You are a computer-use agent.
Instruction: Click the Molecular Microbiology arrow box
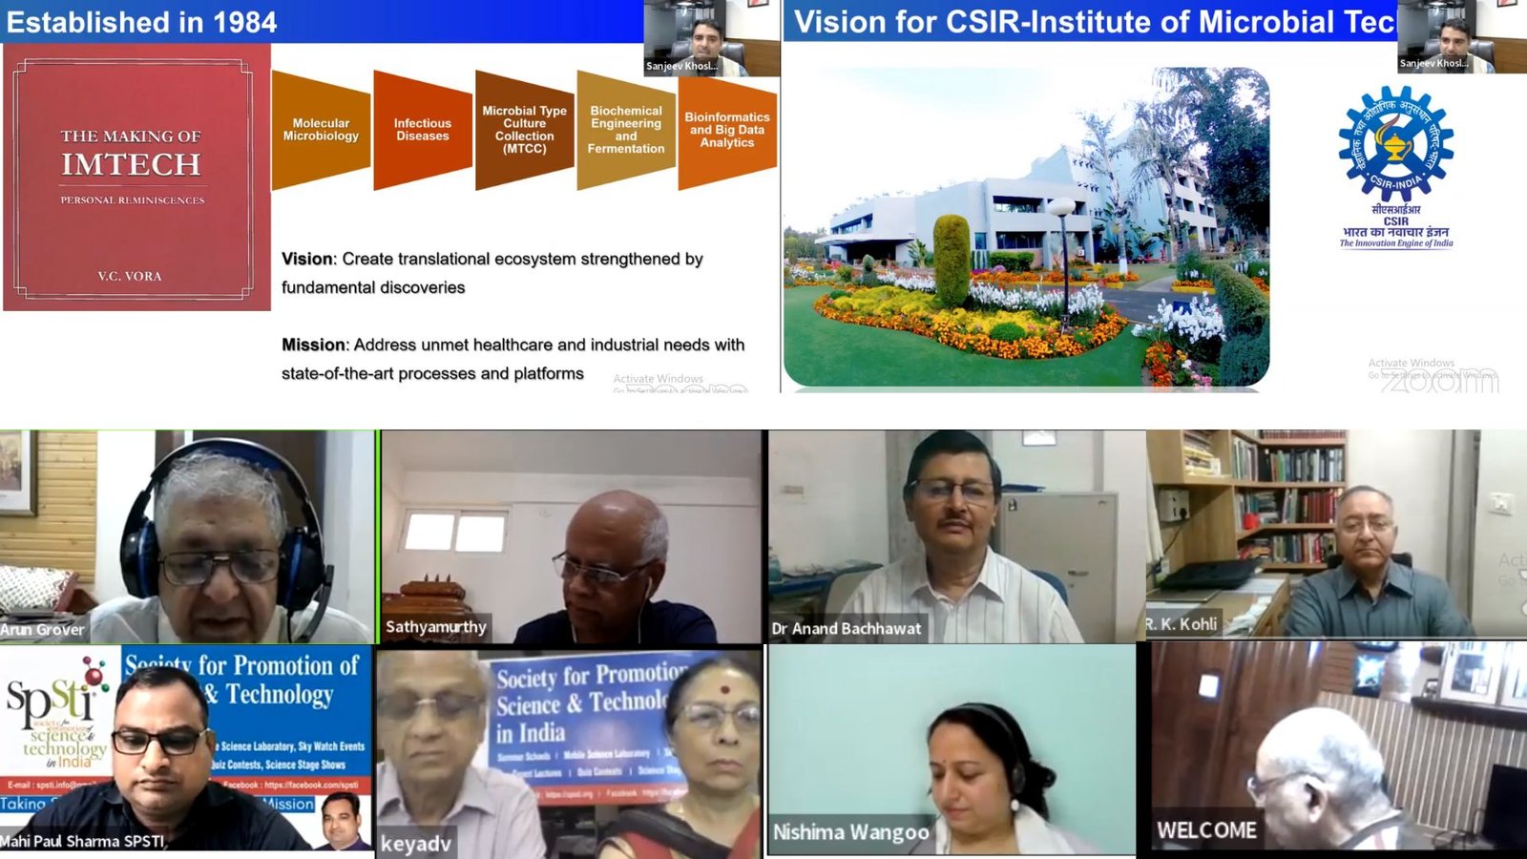point(321,130)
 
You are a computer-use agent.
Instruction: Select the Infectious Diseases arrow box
point(422,130)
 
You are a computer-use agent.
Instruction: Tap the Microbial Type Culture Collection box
point(524,130)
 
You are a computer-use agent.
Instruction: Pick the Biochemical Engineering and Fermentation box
point(626,130)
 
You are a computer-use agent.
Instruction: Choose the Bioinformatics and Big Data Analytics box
point(727,130)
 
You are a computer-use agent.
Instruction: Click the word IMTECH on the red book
point(131,165)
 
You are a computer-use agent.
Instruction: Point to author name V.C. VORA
point(130,276)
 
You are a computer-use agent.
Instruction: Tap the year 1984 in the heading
point(245,22)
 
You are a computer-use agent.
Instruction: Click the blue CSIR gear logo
point(1395,143)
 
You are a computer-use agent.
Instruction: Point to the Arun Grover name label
point(43,629)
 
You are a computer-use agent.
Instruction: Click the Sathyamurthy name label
point(436,627)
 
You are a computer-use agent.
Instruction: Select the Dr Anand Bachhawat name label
point(847,628)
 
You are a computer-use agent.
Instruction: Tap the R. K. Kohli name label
point(1182,624)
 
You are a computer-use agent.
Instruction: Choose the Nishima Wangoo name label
point(850,832)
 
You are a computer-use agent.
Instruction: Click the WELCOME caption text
point(1206,830)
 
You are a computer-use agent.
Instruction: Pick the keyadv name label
point(415,844)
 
